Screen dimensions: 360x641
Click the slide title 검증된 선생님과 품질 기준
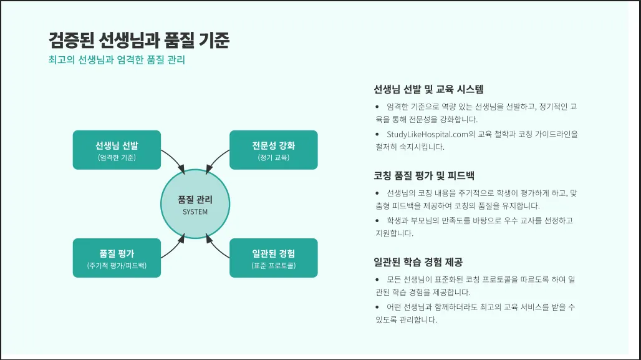point(139,41)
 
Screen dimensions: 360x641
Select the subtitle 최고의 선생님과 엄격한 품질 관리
point(117,61)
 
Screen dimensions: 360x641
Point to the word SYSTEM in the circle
point(195,212)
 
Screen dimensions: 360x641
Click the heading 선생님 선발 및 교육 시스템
point(428,89)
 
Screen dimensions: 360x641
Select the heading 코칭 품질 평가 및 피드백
point(424,175)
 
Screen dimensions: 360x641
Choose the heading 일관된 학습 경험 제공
point(418,262)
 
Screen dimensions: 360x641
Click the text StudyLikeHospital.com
point(427,134)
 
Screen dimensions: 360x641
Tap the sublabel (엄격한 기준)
point(117,158)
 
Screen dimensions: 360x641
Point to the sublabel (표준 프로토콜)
point(273,266)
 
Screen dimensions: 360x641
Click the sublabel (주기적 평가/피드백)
point(117,266)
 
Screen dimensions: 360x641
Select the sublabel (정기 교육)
point(273,158)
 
